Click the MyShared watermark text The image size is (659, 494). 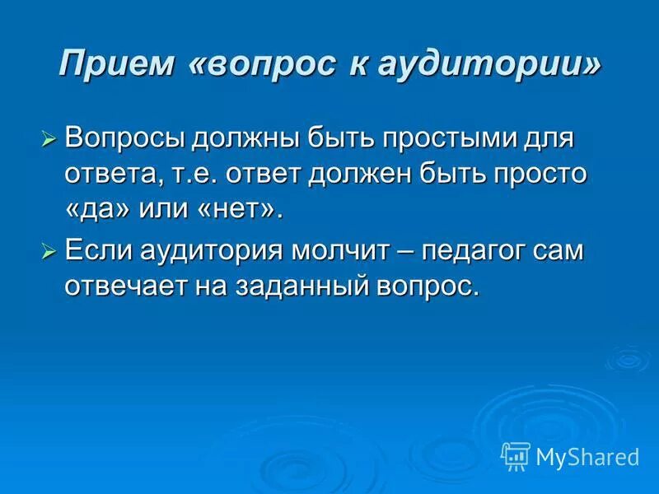pos(587,456)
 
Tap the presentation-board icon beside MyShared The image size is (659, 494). pos(516,455)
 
